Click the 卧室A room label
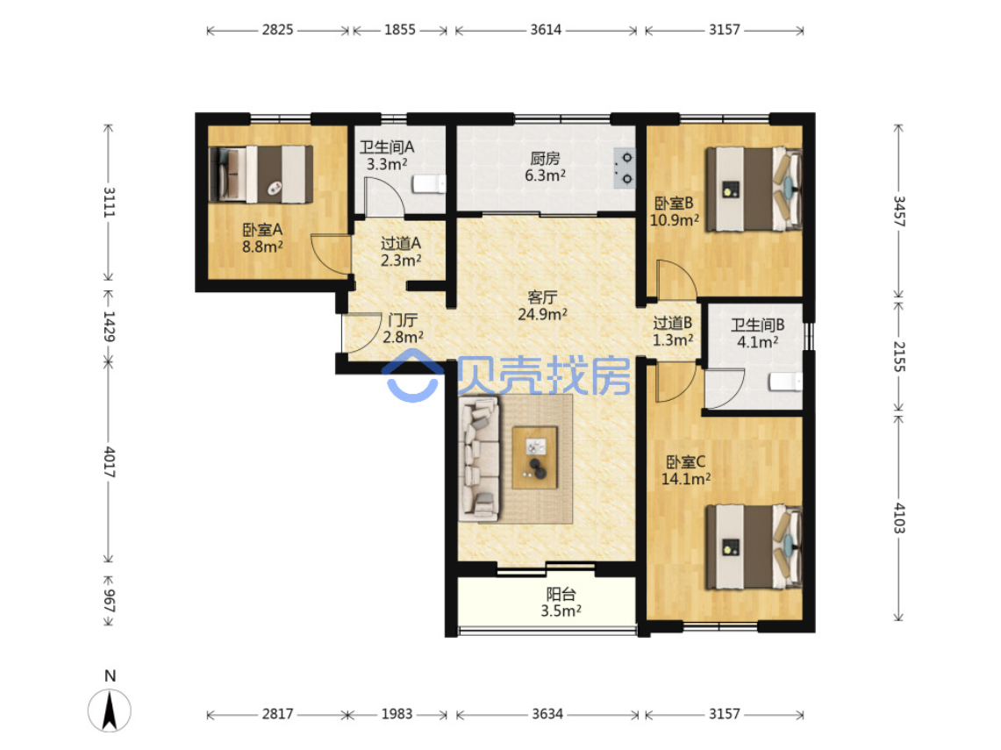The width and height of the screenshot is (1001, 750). [262, 230]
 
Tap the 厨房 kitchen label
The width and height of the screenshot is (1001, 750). [545, 158]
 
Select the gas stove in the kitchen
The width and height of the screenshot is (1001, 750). [625, 168]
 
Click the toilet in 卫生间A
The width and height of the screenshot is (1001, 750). [429, 184]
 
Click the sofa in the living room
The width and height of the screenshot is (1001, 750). [479, 458]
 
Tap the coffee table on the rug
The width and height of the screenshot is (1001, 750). [535, 458]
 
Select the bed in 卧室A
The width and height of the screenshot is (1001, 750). [261, 175]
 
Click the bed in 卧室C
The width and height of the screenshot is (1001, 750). [754, 547]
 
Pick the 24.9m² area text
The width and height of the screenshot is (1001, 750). [543, 315]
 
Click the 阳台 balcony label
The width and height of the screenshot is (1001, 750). [561, 594]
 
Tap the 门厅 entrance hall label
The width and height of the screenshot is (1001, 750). [403, 320]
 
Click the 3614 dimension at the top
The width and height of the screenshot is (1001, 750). [546, 30]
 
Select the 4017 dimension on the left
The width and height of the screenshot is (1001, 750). [109, 462]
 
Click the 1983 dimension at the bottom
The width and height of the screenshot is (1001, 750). [397, 714]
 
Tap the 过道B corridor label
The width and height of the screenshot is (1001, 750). [673, 324]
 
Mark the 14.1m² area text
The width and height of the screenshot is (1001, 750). [686, 479]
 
